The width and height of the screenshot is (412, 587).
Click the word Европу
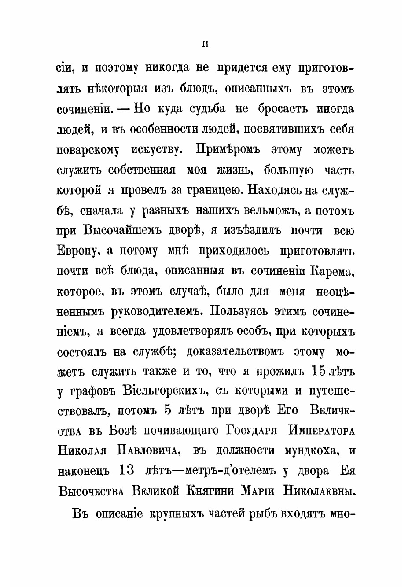point(77,251)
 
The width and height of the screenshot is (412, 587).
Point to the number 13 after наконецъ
point(126,470)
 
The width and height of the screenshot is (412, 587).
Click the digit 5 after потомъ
point(168,410)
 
